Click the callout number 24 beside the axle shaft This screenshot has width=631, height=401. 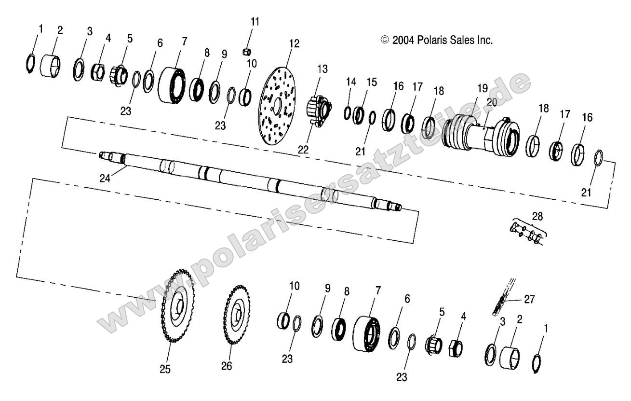105,178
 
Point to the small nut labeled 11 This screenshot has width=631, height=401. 247,51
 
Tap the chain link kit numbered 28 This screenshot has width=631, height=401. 527,234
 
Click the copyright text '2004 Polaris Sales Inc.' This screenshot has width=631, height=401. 437,41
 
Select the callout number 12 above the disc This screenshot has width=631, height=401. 294,43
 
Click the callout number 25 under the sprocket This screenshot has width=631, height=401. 165,369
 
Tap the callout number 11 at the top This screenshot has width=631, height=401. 255,21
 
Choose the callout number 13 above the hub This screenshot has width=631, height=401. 322,69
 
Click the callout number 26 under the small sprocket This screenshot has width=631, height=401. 226,366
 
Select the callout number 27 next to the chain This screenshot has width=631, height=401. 530,299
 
